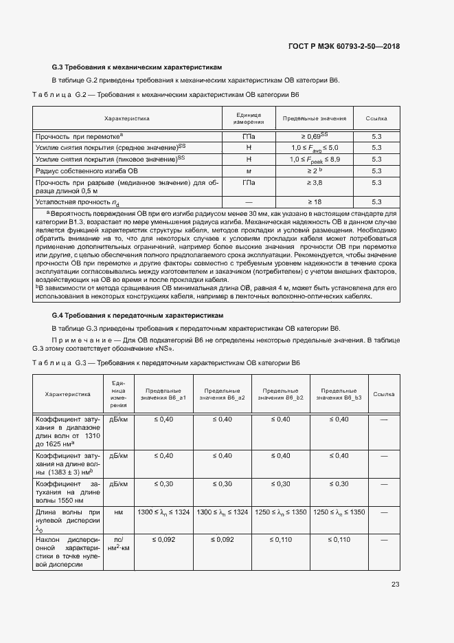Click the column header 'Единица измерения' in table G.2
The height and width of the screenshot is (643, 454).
[249, 118]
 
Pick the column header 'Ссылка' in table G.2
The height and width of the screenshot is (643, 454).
[376, 118]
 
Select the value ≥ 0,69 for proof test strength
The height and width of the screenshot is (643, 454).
[314, 137]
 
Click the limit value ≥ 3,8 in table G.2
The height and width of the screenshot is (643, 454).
[314, 183]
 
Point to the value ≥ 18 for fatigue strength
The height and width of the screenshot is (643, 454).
[314, 201]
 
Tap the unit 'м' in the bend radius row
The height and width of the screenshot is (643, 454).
[249, 170]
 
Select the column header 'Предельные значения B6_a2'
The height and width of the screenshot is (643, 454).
[222, 394]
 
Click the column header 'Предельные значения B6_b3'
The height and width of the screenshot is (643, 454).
[339, 394]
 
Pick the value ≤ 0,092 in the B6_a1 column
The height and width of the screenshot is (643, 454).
[163, 541]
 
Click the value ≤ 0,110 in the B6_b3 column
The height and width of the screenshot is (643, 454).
[339, 541]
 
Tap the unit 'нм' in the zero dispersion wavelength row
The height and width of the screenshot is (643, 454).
[118, 512]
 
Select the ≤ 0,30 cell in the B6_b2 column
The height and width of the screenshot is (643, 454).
[281, 484]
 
